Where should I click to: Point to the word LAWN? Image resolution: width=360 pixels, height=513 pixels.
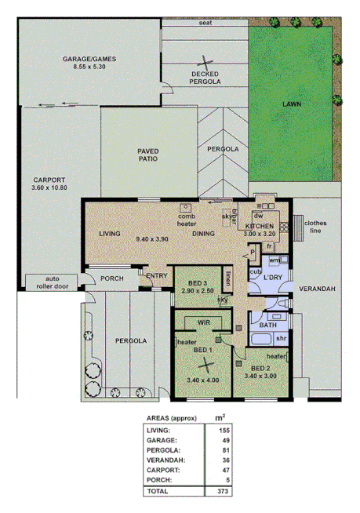tap(292, 104)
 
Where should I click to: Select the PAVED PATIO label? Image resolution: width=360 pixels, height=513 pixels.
tap(147, 154)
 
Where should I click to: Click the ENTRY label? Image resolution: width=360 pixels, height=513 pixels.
tap(156, 276)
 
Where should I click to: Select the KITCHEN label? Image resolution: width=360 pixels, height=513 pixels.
tap(260, 226)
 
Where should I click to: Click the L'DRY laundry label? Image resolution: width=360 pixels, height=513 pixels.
tap(272, 278)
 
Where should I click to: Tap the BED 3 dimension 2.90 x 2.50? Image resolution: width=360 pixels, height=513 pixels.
tap(196, 291)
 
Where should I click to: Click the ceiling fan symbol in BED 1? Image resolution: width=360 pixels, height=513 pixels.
tap(205, 362)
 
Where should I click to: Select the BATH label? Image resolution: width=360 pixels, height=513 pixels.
tap(267, 325)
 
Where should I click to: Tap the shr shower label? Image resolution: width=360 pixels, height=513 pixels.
tap(280, 338)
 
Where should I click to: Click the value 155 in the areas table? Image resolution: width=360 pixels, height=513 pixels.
tap(224, 431)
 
